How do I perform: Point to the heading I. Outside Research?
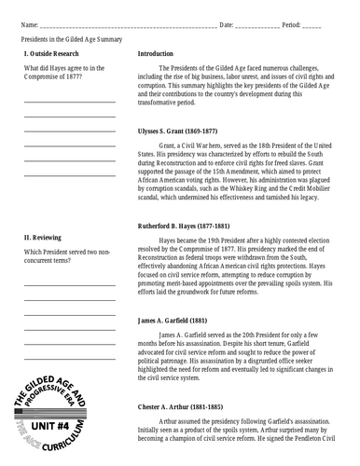pos(54,55)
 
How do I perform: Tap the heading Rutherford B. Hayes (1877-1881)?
pos(190,226)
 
